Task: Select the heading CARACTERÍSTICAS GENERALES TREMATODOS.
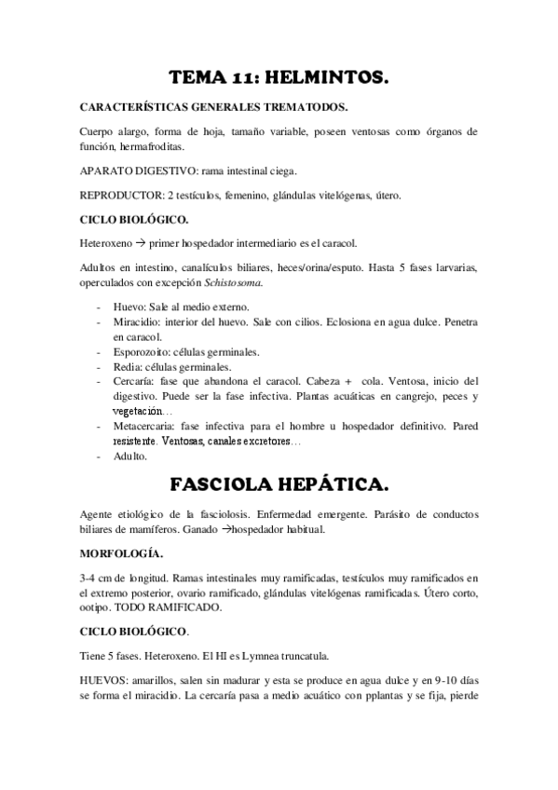click(x=214, y=107)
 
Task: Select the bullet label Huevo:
click(x=132, y=306)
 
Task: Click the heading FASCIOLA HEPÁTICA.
click(x=279, y=486)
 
